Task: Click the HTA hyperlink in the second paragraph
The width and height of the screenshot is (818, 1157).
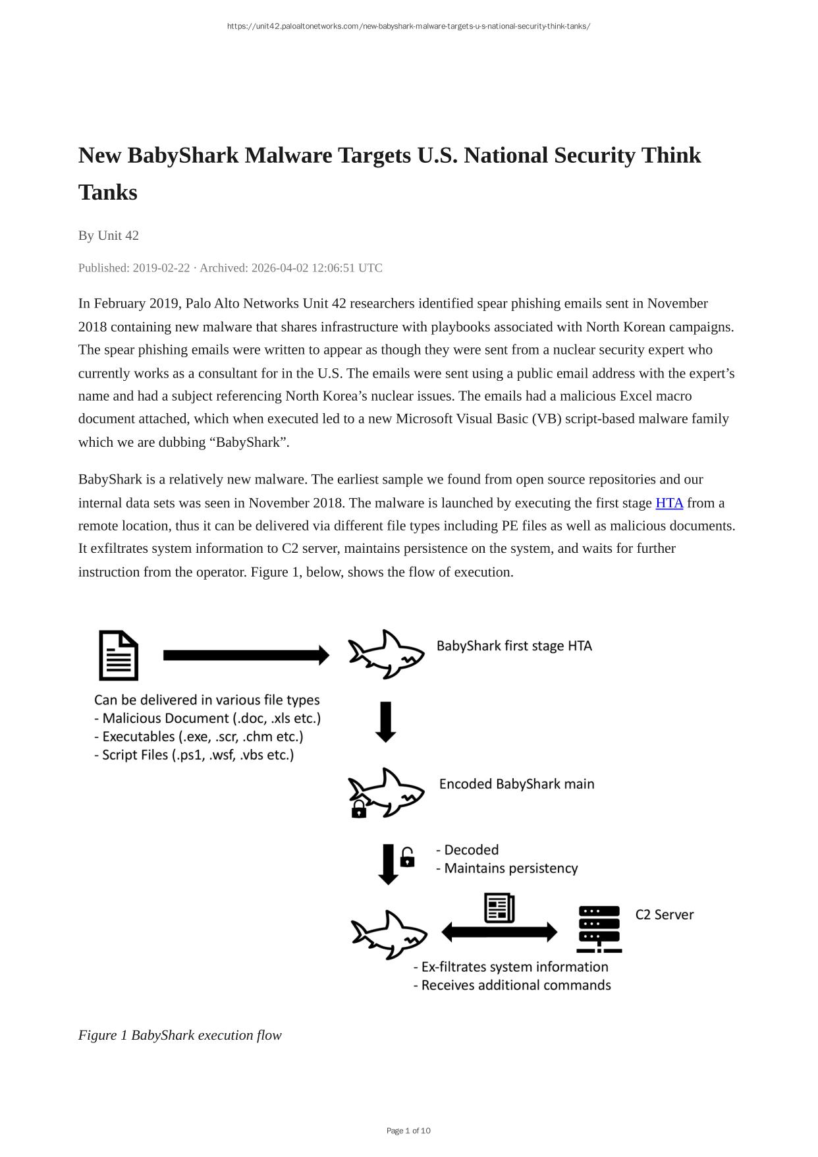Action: pyautogui.click(x=669, y=503)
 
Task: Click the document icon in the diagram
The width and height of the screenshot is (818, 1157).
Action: pyautogui.click(x=119, y=655)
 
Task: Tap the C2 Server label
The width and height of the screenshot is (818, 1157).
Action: pyautogui.click(x=665, y=915)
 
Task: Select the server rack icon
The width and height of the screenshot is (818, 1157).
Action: pyautogui.click(x=599, y=929)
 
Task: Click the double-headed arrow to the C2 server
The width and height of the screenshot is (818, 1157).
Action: pyautogui.click(x=499, y=932)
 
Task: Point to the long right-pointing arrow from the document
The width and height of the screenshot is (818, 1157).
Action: pyautogui.click(x=246, y=655)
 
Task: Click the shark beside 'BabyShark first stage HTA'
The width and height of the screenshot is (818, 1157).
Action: pyautogui.click(x=386, y=654)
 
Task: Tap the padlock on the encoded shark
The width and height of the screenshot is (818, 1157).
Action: pyautogui.click(x=359, y=809)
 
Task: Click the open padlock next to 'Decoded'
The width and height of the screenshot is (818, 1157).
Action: pyautogui.click(x=408, y=857)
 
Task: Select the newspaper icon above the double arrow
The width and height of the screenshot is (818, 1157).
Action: pyautogui.click(x=499, y=908)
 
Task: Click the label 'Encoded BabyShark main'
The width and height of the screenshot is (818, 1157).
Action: pyautogui.click(x=516, y=784)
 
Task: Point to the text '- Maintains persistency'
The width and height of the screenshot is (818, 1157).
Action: pyautogui.click(x=506, y=868)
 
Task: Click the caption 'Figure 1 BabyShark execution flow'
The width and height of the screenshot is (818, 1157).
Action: pyautogui.click(x=180, y=1035)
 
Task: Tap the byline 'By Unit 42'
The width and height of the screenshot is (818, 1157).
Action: pyautogui.click(x=109, y=235)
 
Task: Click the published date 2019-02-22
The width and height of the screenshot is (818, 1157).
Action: pyautogui.click(x=161, y=268)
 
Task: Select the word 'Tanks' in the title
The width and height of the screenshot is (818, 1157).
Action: pyautogui.click(x=108, y=192)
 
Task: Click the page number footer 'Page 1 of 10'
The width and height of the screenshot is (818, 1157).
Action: pyautogui.click(x=408, y=1131)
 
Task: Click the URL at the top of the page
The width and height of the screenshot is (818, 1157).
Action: pyautogui.click(x=408, y=26)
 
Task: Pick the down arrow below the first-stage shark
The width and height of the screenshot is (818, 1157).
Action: pyautogui.click(x=386, y=722)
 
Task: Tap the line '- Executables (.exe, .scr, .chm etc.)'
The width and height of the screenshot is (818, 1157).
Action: pyautogui.click(x=199, y=737)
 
